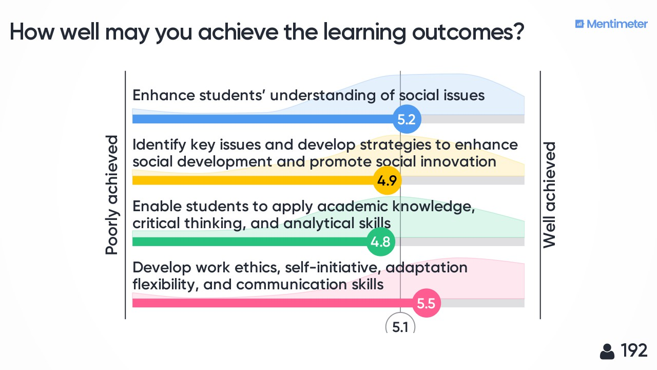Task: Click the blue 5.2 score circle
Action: click(x=407, y=119)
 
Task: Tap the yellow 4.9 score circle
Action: click(x=387, y=180)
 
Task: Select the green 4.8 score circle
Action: click(x=381, y=242)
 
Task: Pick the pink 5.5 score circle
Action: click(x=427, y=303)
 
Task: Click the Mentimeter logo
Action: click(x=611, y=24)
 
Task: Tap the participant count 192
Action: click(x=634, y=350)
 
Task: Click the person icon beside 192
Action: click(x=607, y=351)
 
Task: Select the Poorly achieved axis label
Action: click(x=112, y=195)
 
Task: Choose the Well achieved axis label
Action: click(x=549, y=195)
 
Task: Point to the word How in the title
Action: click(x=32, y=32)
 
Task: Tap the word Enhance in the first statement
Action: click(x=164, y=96)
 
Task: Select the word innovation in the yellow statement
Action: click(x=458, y=162)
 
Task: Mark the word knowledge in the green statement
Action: click(x=434, y=207)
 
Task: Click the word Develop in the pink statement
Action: click(x=162, y=268)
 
